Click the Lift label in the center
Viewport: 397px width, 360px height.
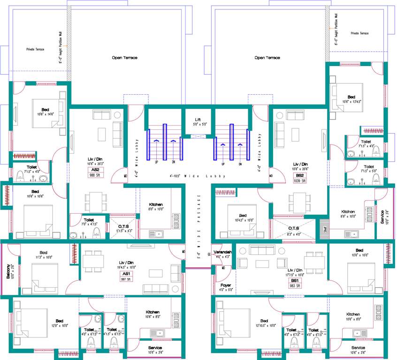click(197, 120)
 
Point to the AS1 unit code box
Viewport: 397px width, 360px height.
click(126, 274)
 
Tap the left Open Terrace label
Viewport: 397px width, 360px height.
click(124, 58)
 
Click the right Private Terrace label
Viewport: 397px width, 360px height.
click(359, 33)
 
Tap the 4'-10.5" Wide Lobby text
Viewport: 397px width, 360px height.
click(197, 176)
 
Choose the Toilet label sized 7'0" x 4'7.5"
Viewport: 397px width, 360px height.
click(89, 219)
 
